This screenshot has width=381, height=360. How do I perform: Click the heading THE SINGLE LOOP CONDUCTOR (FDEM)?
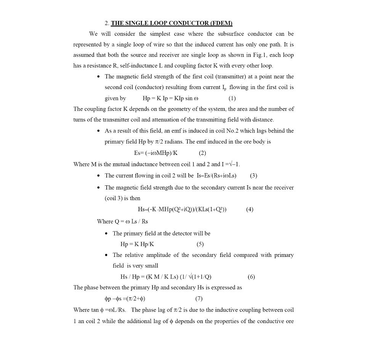pyautogui.click(x=171, y=23)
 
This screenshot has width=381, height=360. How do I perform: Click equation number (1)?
pyautogui.click(x=232, y=98)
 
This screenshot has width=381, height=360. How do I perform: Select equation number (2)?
pyautogui.click(x=202, y=153)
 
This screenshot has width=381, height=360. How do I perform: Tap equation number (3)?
pyautogui.click(x=253, y=175)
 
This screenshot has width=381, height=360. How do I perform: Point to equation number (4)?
pyautogui.click(x=250, y=209)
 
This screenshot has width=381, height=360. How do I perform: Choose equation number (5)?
pyautogui.click(x=200, y=244)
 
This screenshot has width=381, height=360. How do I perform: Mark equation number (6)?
pyautogui.click(x=251, y=277)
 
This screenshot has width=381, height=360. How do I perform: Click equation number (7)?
pyautogui.click(x=199, y=299)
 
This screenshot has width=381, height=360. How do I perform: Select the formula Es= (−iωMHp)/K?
pyautogui.click(x=155, y=153)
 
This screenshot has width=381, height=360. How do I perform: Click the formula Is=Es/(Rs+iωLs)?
pyautogui.click(x=216, y=175)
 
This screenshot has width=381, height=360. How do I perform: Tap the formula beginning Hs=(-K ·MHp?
pyautogui.click(x=182, y=209)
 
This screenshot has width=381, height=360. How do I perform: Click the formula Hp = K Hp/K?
pyautogui.click(x=137, y=244)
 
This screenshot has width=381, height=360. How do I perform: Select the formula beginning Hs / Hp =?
pyautogui.click(x=166, y=277)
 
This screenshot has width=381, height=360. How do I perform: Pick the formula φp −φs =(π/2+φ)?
pyautogui.click(x=125, y=299)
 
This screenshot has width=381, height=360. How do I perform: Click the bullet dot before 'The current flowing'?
pyautogui.click(x=99, y=176)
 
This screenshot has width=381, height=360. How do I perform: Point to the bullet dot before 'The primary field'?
pyautogui.click(x=107, y=234)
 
